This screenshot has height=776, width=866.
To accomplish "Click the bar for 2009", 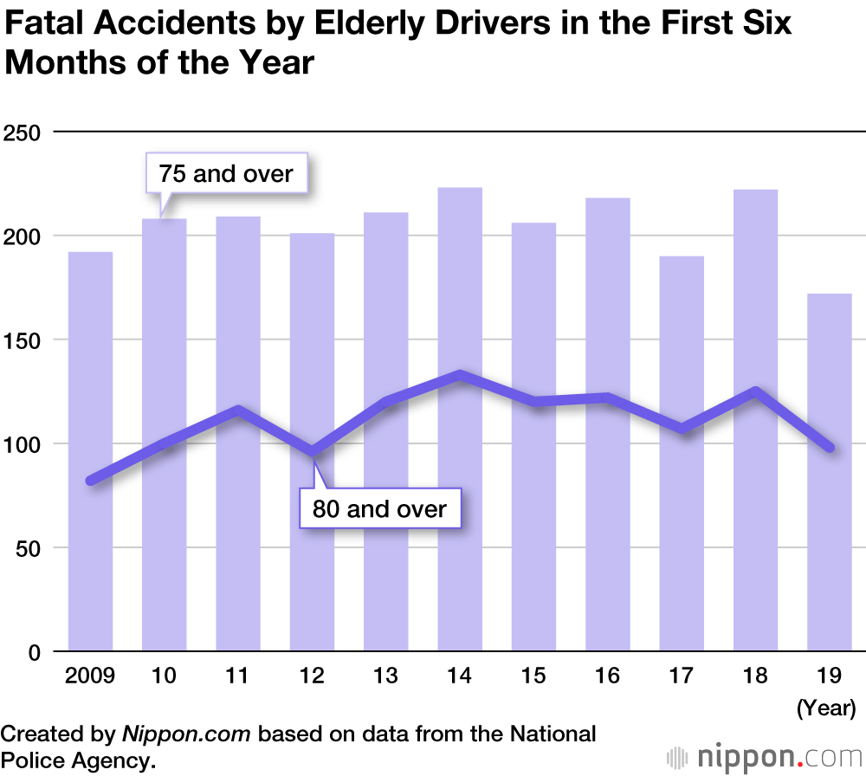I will tap(91, 450).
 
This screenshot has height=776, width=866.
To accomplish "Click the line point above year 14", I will tap(460, 375).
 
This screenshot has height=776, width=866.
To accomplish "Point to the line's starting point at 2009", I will tap(91, 481).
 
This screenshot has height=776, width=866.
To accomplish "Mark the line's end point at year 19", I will tap(830, 447).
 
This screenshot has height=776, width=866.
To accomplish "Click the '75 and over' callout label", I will tap(226, 174).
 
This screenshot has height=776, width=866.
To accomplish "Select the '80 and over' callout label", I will tap(379, 508).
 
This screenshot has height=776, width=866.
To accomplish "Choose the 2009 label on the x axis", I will tap(89, 676).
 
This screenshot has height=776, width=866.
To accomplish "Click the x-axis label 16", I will tap(607, 676).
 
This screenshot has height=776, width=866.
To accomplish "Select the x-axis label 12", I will tap(312, 676).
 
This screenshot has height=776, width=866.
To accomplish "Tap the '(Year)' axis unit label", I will tap(825, 708).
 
